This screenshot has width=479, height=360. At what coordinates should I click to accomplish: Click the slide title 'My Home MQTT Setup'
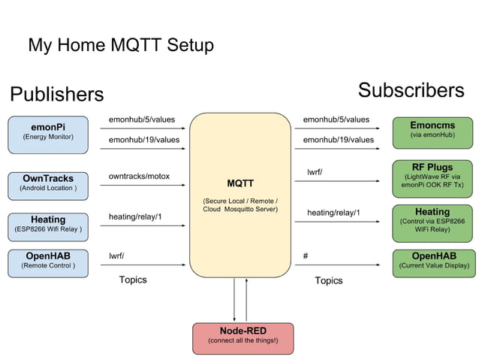[121, 45]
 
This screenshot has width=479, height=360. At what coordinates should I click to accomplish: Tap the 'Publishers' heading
[56, 95]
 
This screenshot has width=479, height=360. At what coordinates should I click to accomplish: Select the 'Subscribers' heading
[411, 91]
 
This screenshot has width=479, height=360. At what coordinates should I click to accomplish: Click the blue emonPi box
[48, 132]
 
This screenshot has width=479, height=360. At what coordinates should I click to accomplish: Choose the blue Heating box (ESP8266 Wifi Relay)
[48, 224]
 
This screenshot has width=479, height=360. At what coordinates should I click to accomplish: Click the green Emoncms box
[432, 131]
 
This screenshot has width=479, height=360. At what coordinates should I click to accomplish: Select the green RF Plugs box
[432, 175]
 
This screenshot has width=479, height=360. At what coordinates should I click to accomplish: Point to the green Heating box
[432, 221]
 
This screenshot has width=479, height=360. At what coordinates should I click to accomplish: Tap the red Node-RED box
[243, 335]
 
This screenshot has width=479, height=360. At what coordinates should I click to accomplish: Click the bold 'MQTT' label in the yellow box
[240, 183]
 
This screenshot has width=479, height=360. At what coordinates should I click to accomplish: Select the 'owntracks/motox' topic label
[140, 177]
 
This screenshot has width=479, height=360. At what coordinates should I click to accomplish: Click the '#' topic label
[306, 256]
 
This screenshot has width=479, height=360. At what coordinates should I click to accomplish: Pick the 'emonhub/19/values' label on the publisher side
[144, 139]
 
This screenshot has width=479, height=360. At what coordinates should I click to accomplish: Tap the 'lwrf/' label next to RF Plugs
[315, 172]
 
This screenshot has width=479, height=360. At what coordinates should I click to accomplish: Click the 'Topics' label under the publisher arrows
[133, 280]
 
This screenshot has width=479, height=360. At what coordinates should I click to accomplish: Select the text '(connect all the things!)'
[243, 341]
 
